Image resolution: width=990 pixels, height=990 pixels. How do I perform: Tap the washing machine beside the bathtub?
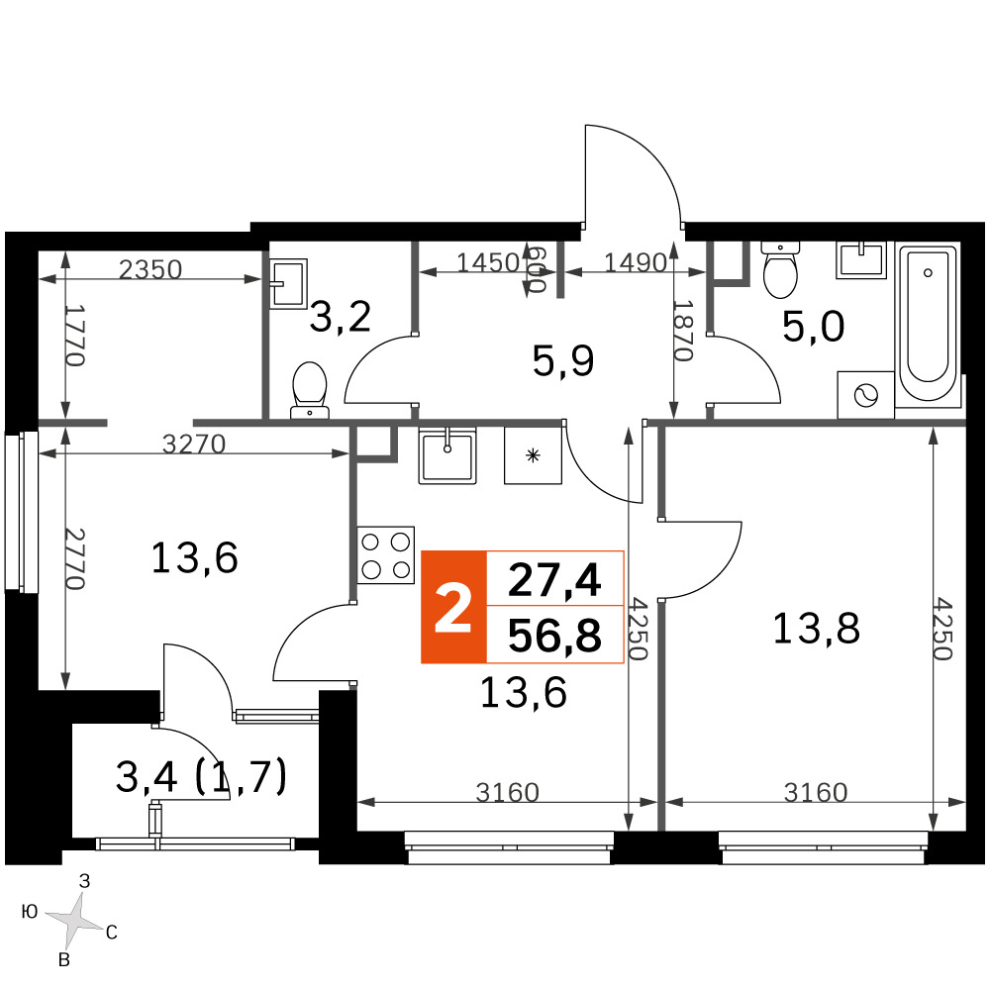[x=865, y=395]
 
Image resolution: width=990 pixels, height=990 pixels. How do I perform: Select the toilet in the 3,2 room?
[x=309, y=390]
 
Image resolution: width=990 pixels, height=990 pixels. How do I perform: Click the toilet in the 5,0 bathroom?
[x=780, y=269]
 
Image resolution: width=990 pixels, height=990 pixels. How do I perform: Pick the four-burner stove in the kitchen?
[x=386, y=554]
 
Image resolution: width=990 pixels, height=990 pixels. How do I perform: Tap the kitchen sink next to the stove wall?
[x=447, y=454]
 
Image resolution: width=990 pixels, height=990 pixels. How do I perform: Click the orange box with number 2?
[x=453, y=607]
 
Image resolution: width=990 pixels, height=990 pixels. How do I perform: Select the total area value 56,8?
[x=554, y=636]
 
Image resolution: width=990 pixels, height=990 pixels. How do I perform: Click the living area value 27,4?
[x=554, y=580]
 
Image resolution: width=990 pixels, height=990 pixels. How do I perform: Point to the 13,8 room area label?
[x=816, y=629]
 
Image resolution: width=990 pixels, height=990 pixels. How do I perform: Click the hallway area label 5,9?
[x=563, y=361]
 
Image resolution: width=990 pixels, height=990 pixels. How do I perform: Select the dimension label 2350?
[x=150, y=269]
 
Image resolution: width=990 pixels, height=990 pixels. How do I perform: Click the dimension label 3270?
[x=194, y=445]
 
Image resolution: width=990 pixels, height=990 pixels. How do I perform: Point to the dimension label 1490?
[x=636, y=262]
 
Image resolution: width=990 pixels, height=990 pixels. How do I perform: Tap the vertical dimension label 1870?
[x=684, y=331]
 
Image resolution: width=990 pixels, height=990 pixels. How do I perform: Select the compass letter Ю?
[x=30, y=911]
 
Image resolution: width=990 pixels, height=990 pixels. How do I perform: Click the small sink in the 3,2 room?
[x=288, y=283]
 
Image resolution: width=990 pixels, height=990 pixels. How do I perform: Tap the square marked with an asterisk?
[x=533, y=455]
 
